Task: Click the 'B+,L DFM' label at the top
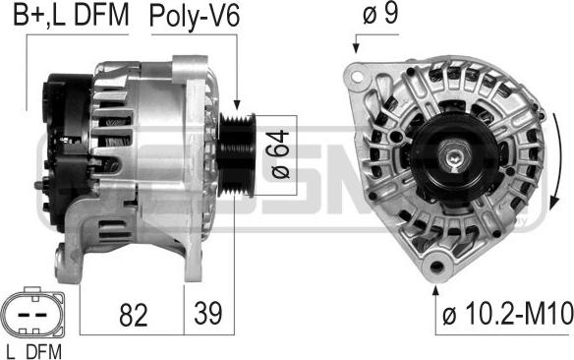pyautogui.click(x=71, y=16)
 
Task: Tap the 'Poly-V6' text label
pyautogui.click(x=195, y=17)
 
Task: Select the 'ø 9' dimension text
pyautogui.click(x=380, y=14)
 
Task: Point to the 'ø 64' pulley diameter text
pyautogui.click(x=280, y=154)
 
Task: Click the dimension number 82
pyautogui.click(x=134, y=314)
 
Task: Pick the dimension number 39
pyautogui.click(x=208, y=313)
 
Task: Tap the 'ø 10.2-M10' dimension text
pyautogui.click(x=508, y=314)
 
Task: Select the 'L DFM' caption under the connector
pyautogui.click(x=34, y=352)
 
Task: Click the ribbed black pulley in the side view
pyautogui.click(x=237, y=154)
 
